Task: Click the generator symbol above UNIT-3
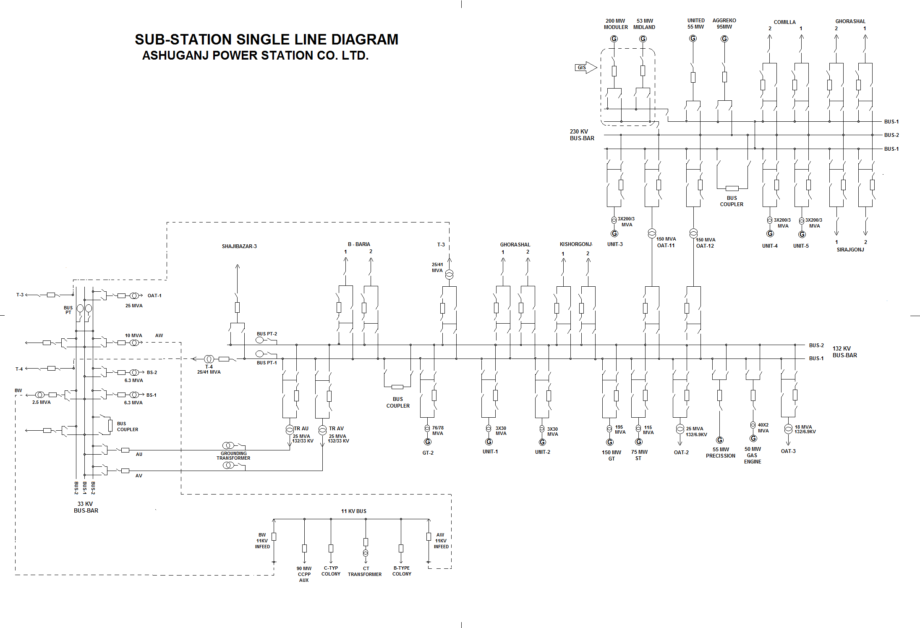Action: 614,233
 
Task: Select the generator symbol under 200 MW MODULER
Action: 614,39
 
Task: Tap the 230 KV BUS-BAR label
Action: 582,135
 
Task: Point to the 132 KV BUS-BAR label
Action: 844,352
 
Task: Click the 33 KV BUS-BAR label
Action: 86,507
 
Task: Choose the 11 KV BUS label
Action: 353,511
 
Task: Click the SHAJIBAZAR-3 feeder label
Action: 239,246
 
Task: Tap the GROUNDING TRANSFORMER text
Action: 233,455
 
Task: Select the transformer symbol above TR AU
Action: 290,430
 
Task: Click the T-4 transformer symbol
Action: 209,359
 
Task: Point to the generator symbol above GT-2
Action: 427,442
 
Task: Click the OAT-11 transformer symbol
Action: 652,233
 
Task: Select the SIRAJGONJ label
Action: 850,250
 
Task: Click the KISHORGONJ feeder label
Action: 575,244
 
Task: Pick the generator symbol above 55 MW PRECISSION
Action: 720,440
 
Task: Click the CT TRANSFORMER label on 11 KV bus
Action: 365,571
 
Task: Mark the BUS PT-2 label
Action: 267,334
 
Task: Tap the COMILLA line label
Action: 784,22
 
